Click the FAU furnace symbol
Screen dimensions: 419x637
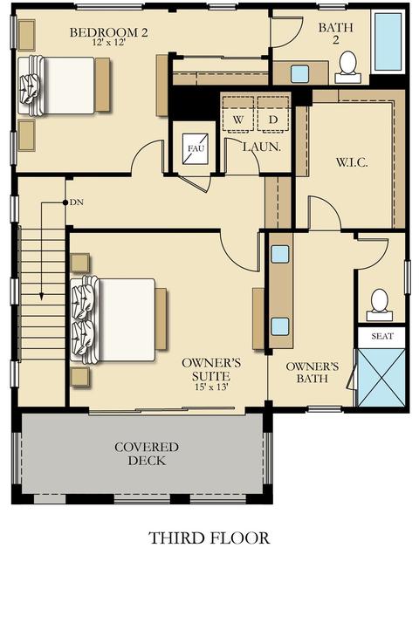[196, 148]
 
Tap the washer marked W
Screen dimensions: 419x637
[237, 114]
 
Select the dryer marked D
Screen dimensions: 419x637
[272, 114]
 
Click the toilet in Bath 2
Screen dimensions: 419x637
[348, 68]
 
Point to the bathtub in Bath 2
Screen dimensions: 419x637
[389, 42]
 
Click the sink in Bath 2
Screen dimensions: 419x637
[300, 74]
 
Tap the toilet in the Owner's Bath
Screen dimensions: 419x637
[380, 305]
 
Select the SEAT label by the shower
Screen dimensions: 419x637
[382, 336]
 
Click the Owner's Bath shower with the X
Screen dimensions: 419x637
[381, 377]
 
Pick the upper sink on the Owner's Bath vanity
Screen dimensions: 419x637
[280, 254]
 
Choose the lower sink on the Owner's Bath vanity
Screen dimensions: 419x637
[280, 326]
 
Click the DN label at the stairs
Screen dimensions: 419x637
[77, 202]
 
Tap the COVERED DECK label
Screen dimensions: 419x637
[147, 454]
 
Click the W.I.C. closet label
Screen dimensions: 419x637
[352, 162]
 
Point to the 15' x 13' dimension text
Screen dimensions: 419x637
[211, 387]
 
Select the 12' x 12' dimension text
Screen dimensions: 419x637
[108, 42]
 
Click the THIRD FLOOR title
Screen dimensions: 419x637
[209, 538]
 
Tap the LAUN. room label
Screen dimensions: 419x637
[262, 147]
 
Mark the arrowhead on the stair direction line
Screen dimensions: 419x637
[42, 297]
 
